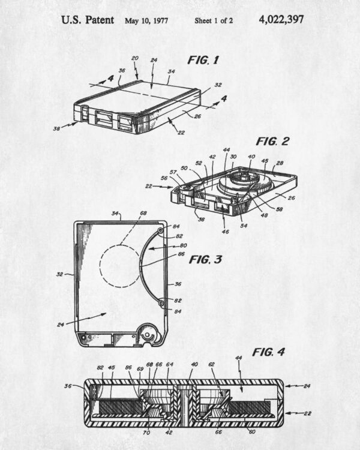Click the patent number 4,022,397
(281, 20)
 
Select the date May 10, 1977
(146, 20)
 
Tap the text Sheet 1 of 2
(214, 20)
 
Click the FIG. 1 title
(203, 60)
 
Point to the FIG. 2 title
(272, 141)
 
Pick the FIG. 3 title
(205, 259)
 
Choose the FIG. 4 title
(268, 352)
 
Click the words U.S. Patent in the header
(88, 20)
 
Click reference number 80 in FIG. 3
(183, 245)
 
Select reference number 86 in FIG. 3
(181, 254)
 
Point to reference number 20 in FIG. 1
(135, 58)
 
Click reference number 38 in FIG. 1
(56, 128)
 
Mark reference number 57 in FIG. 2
(173, 172)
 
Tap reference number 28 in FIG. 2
(280, 163)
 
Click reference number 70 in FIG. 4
(146, 433)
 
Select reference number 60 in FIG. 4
(252, 431)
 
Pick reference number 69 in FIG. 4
(140, 369)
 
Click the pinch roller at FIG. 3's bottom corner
(148, 334)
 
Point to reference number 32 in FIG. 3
(60, 274)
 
